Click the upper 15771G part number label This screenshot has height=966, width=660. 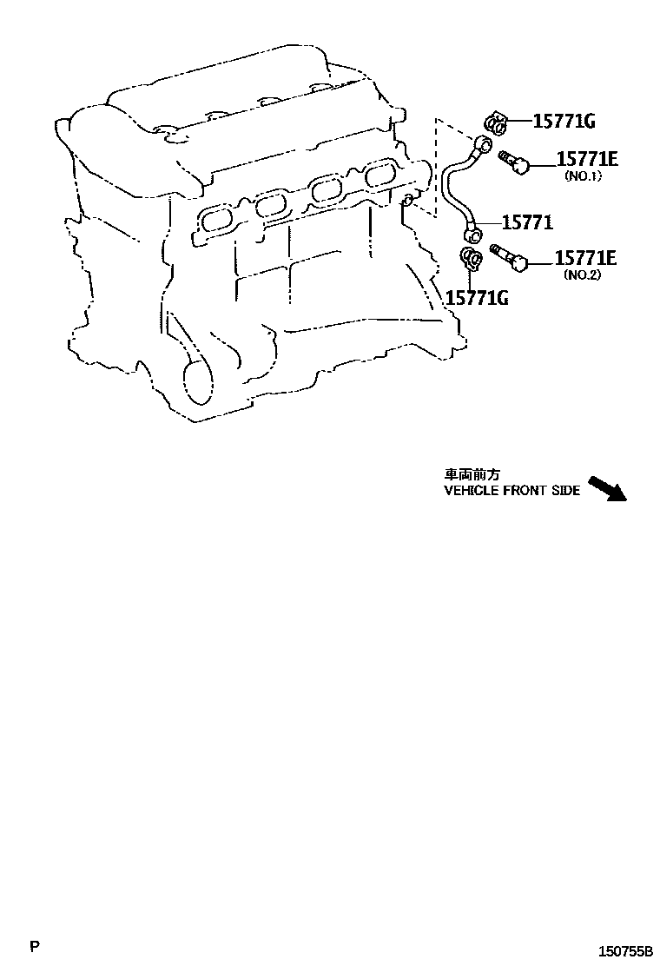(x=564, y=122)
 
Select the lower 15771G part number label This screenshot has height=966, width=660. (x=477, y=298)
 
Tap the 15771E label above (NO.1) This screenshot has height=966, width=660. (x=586, y=158)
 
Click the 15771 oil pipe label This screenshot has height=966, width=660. (x=527, y=223)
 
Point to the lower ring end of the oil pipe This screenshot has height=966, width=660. (x=473, y=233)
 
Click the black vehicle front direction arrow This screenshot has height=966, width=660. (x=607, y=488)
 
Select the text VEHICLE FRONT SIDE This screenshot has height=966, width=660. (x=511, y=491)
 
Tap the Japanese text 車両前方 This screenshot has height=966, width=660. (x=473, y=475)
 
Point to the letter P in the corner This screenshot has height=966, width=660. (x=34, y=945)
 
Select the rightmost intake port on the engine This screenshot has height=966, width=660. (x=379, y=175)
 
